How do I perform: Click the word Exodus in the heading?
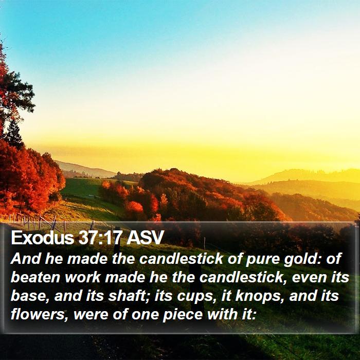click(42, 238)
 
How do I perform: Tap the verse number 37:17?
click(99, 238)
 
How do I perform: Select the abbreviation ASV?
click(145, 238)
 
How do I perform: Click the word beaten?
click(35, 277)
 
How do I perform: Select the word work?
click(82, 277)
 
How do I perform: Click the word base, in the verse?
click(30, 296)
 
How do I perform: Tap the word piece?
click(183, 315)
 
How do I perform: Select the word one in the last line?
click(145, 315)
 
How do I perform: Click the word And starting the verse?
click(26, 259)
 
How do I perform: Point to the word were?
click(91, 315)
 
